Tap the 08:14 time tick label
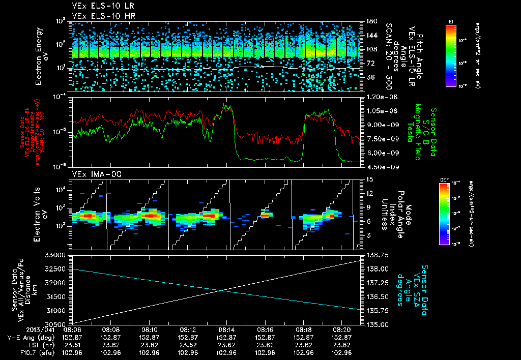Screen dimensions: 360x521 [x=226, y=329]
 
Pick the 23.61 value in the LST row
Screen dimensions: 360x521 [x=80, y=344]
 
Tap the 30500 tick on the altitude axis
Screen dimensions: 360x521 [x=56, y=324]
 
